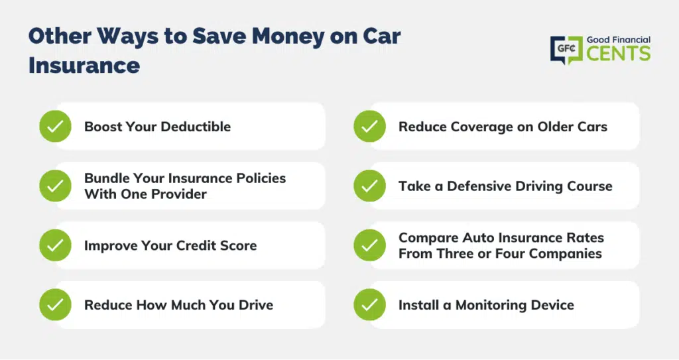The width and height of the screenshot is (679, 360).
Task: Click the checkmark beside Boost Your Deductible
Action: [x=56, y=127]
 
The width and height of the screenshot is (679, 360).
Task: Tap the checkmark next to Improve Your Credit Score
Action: [x=56, y=245]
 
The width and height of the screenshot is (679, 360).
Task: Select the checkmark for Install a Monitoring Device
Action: [x=369, y=304]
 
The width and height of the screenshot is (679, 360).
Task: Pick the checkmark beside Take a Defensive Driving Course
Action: [x=369, y=186]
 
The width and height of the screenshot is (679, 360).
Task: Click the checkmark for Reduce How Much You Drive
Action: [x=56, y=304]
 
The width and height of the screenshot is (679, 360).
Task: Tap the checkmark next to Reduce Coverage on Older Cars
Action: [x=369, y=127]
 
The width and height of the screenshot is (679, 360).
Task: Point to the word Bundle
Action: [x=107, y=178]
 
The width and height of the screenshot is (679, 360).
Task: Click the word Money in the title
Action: [x=288, y=36]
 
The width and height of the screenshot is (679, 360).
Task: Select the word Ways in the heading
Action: [x=128, y=37]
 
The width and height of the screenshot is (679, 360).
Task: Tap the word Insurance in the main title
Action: [x=84, y=66]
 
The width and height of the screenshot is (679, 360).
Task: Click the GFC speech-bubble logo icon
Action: [x=566, y=50]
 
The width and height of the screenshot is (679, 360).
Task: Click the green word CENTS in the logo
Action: [x=619, y=53]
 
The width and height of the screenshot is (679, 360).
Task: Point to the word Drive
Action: [x=256, y=305]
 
